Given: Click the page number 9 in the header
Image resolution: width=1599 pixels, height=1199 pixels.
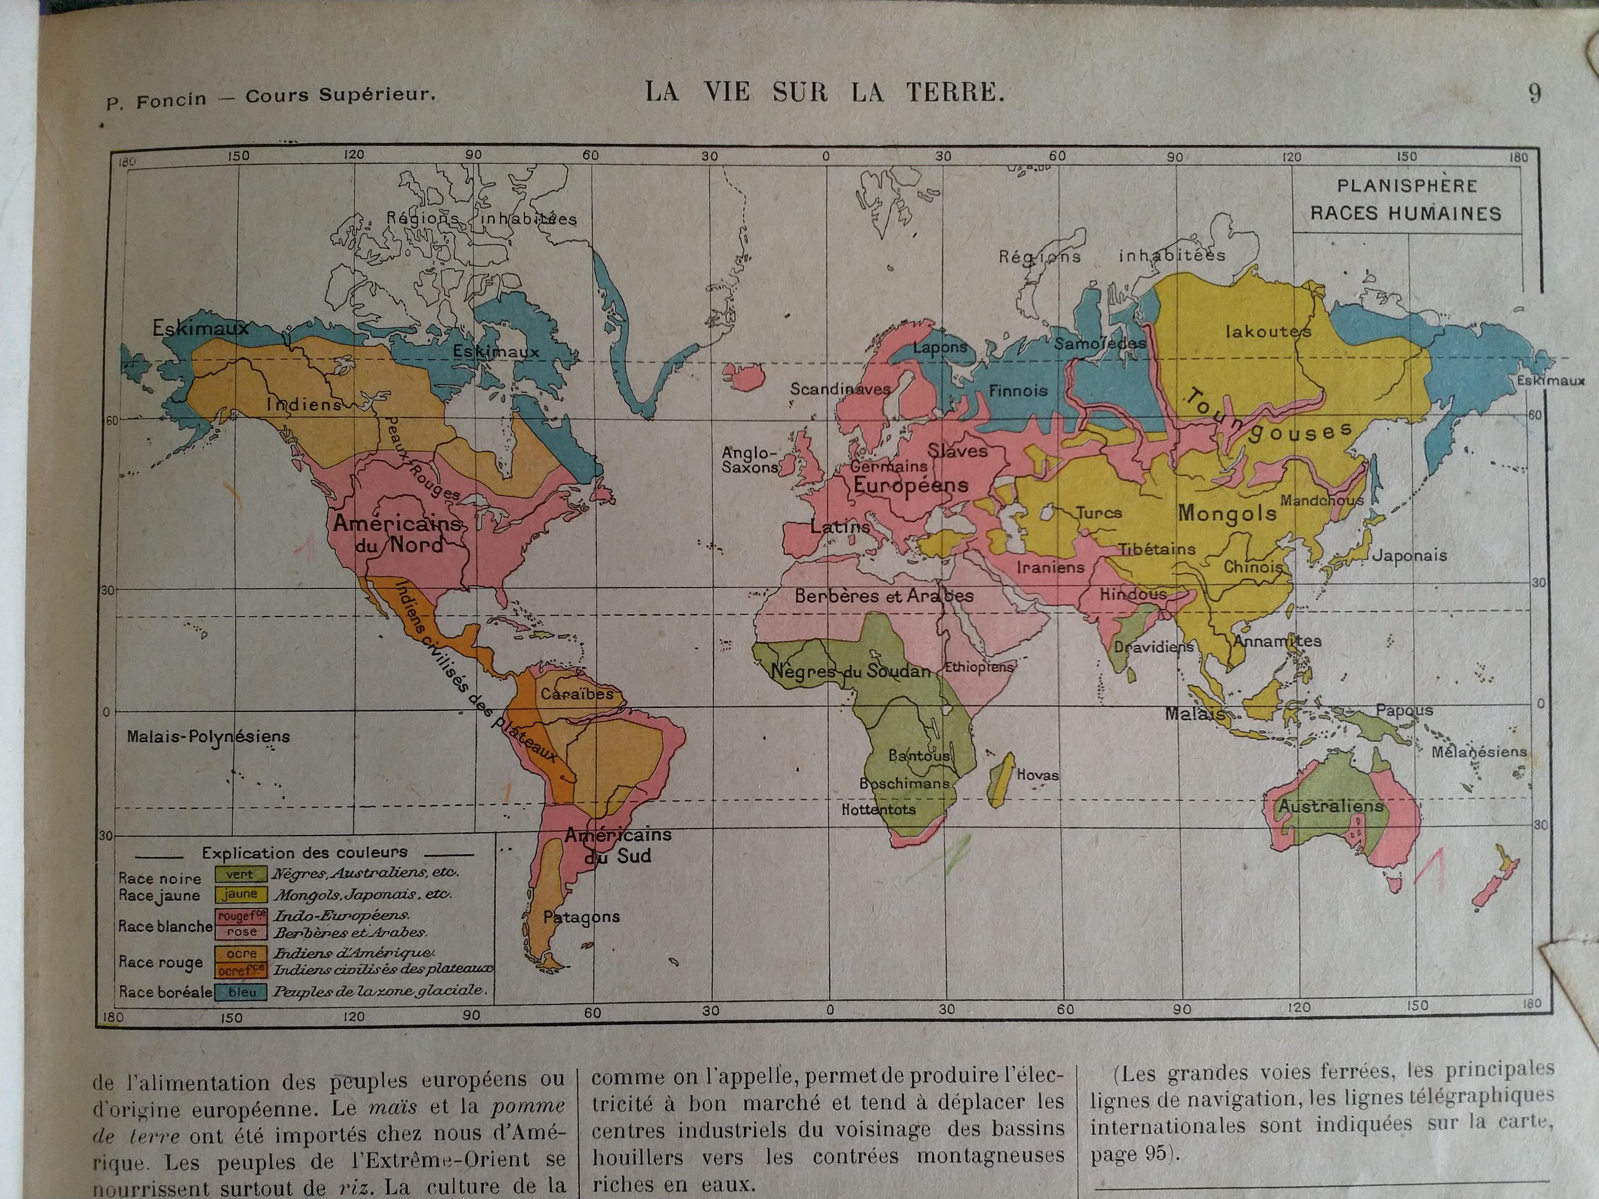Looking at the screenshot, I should tap(1534, 94).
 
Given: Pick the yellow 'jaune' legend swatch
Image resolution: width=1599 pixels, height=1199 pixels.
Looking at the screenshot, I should tap(240, 894).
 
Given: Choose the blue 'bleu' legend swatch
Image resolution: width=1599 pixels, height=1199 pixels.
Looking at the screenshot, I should tap(241, 992).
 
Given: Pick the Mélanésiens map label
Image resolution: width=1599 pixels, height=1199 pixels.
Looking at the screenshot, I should tap(1480, 752).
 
